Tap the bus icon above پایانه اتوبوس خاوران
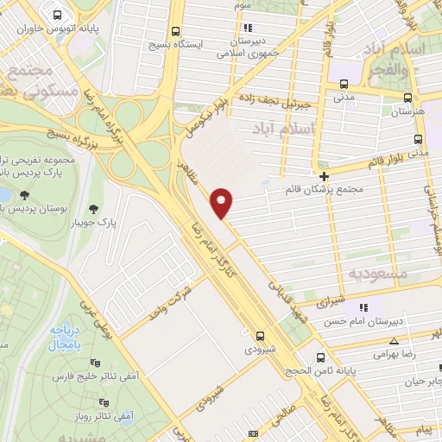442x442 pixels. click(x=57, y=16)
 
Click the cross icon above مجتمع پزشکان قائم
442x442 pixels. click(x=324, y=176)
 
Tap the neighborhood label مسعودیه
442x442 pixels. click(x=377, y=273)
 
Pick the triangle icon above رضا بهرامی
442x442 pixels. click(x=394, y=342)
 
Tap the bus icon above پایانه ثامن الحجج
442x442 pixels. click(x=321, y=357)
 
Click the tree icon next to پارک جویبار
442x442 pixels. click(x=93, y=208)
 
